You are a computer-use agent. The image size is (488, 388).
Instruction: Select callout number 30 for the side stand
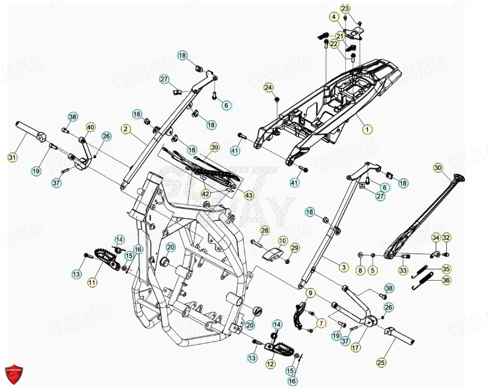tap(438, 168)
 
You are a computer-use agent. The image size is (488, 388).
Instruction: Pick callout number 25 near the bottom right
tap(381, 363)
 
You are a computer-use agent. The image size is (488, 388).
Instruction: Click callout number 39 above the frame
tap(215, 147)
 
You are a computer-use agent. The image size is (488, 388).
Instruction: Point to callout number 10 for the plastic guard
tap(282, 241)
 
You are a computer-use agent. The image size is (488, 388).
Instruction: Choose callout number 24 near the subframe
tap(268, 88)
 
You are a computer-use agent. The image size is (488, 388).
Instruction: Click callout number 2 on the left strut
tap(125, 129)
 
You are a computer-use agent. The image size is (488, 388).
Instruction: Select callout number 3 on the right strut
tap(344, 267)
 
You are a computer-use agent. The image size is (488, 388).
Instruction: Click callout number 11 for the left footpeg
tap(92, 283)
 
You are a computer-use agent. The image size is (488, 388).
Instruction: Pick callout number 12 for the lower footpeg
tap(270, 364)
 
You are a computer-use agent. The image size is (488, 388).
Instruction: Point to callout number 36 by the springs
tap(446, 280)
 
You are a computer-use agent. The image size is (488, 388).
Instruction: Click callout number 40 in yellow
tap(90, 127)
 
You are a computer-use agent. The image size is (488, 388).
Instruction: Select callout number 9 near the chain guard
tap(310, 293)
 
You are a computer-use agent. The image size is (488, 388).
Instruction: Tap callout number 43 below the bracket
tap(248, 194)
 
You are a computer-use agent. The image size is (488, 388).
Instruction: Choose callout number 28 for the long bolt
tap(265, 230)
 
